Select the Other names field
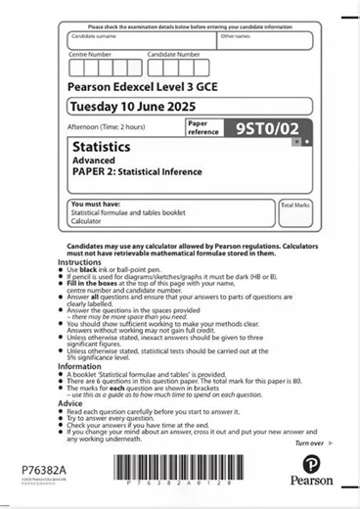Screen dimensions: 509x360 [x=264, y=41]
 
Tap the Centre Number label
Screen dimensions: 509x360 [x=91, y=55]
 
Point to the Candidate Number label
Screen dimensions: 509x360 [x=173, y=55]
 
